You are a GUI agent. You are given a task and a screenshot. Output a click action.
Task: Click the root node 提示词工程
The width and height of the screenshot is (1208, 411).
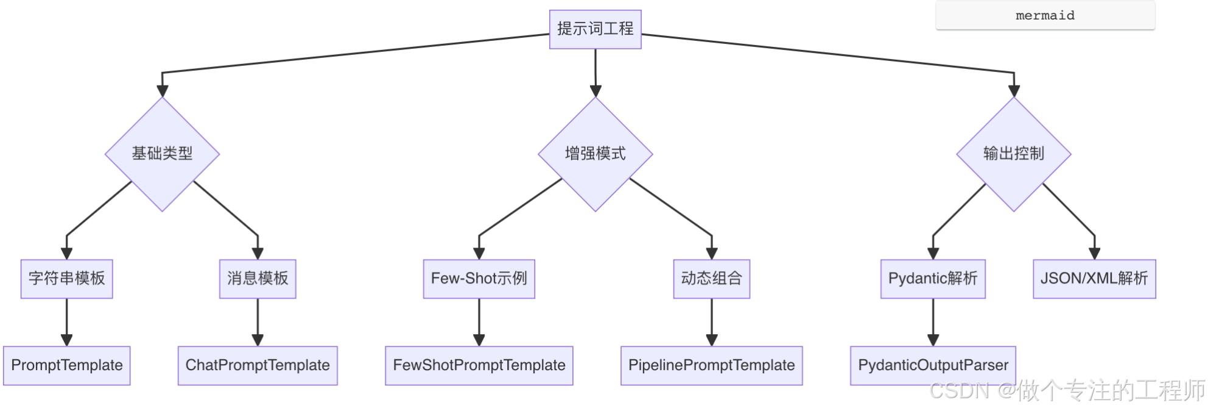click(x=595, y=29)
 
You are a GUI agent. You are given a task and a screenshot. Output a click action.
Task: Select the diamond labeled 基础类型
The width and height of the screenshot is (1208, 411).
click(x=162, y=154)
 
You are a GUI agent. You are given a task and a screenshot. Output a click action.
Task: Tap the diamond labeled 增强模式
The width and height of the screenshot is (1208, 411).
click(x=595, y=154)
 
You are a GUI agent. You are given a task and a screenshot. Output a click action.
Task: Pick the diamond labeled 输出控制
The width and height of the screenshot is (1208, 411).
click(x=1013, y=154)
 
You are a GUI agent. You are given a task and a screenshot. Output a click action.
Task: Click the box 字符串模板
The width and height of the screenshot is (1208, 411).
click(x=66, y=279)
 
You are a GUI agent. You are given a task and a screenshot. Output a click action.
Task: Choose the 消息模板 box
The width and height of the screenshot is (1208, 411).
click(x=258, y=279)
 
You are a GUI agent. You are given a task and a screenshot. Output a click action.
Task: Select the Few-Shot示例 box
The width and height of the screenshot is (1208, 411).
click(x=479, y=279)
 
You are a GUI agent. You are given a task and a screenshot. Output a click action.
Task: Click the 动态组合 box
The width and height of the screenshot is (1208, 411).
click(x=711, y=279)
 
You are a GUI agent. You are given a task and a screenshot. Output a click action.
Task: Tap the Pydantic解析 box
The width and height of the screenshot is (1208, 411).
click(x=932, y=279)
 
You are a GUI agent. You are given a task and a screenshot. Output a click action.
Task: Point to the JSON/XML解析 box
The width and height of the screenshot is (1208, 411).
click(x=1094, y=279)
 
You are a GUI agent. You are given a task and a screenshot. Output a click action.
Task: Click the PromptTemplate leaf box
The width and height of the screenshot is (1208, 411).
click(x=66, y=365)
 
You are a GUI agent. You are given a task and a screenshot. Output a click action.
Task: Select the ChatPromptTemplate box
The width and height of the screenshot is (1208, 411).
click(x=258, y=365)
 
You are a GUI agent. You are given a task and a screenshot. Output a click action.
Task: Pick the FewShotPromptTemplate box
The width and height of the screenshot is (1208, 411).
click(x=479, y=365)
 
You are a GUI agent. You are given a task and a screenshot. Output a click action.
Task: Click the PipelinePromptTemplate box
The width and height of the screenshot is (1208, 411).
click(x=711, y=365)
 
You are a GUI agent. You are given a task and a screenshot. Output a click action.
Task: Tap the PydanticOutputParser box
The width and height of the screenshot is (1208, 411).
click(x=932, y=365)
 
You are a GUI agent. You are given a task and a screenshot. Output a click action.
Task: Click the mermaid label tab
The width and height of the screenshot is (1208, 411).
click(x=1045, y=15)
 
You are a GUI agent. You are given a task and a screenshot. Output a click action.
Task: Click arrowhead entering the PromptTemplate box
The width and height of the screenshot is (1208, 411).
click(x=66, y=340)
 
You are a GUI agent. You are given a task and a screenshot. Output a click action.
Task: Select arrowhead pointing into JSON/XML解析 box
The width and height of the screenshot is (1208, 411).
click(x=1094, y=254)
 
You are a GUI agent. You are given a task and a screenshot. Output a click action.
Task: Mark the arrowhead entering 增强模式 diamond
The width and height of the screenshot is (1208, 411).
click(x=595, y=91)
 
